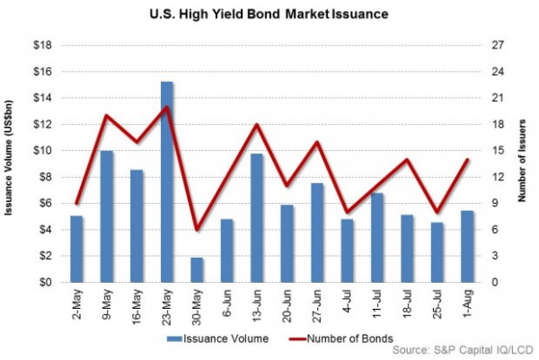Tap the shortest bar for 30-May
coord(197,270)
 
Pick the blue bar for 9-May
coord(107,216)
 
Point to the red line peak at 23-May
coord(167,108)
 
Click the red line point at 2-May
coord(77,204)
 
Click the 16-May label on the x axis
coord(136,302)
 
